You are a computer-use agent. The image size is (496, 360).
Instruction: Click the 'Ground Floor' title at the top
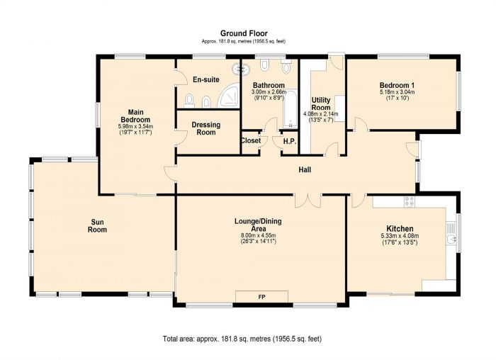243,33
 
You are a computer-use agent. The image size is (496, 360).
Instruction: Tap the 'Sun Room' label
97,225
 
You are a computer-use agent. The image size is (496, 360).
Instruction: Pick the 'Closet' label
251,141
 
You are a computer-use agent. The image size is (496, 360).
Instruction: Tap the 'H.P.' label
289,141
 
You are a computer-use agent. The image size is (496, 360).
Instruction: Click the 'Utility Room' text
320,103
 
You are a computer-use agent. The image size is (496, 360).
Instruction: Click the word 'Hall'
305,170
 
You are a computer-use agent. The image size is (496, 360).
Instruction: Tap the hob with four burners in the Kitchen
409,201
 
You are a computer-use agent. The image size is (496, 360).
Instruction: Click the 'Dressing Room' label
205,129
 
